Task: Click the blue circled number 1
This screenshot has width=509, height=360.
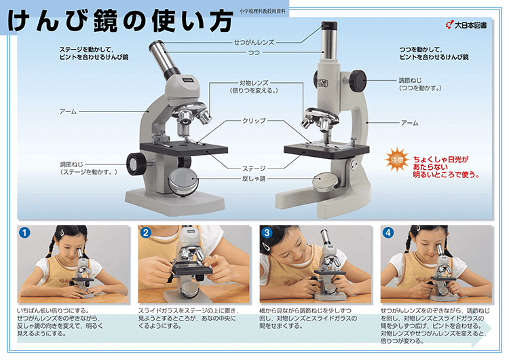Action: (24, 232)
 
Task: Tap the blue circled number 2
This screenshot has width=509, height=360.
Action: (146, 232)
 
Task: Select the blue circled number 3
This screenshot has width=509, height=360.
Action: (267, 232)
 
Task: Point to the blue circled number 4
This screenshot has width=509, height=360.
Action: (388, 232)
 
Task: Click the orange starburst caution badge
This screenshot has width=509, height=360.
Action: (397, 160)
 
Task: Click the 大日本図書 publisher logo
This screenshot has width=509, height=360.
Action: (466, 25)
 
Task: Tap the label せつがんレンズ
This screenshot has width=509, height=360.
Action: (254, 42)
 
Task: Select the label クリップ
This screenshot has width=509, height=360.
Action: (254, 121)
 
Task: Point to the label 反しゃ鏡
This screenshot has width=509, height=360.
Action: (254, 179)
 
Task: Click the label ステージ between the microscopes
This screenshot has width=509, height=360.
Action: (254, 168)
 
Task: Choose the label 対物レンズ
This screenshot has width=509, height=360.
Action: (254, 83)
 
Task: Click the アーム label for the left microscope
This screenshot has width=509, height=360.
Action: (68, 111)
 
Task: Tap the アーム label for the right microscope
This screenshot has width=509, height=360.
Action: (410, 123)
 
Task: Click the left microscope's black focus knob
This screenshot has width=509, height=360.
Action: (136, 164)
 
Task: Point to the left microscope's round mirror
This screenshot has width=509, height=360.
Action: (183, 182)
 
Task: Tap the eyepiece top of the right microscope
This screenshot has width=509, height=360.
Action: (329, 26)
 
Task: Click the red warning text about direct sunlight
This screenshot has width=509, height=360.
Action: (446, 167)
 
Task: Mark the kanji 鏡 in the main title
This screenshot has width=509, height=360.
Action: (105, 21)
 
